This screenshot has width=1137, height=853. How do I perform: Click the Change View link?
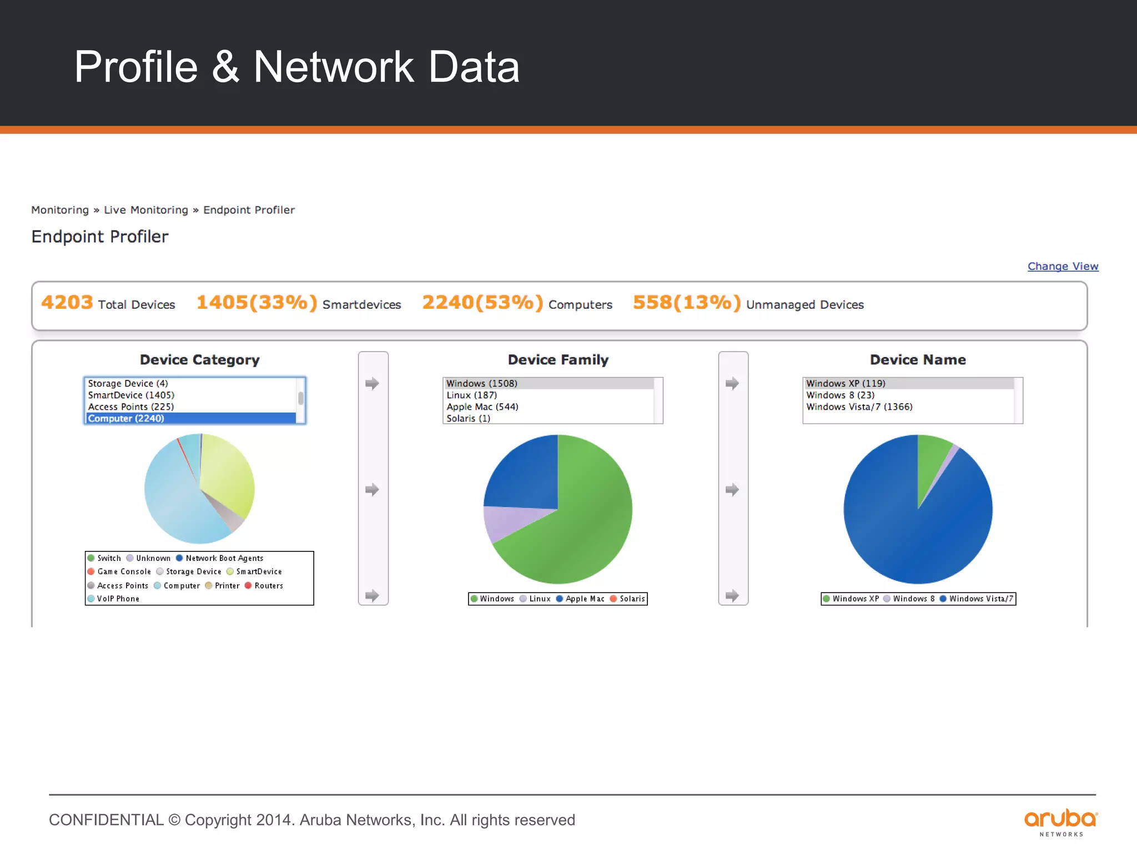click(x=1063, y=267)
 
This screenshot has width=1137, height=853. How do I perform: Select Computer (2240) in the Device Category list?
click(x=126, y=419)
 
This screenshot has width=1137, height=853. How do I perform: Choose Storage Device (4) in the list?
click(x=128, y=384)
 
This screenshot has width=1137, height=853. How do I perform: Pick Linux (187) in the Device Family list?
click(x=471, y=395)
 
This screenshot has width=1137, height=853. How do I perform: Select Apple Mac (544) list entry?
click(x=482, y=407)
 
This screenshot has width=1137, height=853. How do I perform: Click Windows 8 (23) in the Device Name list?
click(x=840, y=395)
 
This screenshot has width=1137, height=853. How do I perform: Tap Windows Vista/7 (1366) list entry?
click(x=859, y=407)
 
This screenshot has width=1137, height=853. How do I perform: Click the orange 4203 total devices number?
click(x=67, y=303)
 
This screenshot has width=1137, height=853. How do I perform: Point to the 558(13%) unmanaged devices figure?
click(x=687, y=303)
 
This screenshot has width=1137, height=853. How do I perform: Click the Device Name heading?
click(x=918, y=360)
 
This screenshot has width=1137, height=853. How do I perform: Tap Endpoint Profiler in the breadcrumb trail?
click(x=249, y=210)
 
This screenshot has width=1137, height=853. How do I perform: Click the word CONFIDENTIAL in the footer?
click(x=106, y=820)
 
